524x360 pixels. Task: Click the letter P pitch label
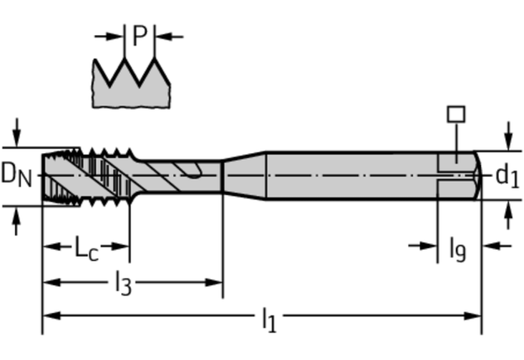140,35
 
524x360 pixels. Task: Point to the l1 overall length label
268,319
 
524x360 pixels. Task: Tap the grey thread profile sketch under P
131,86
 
